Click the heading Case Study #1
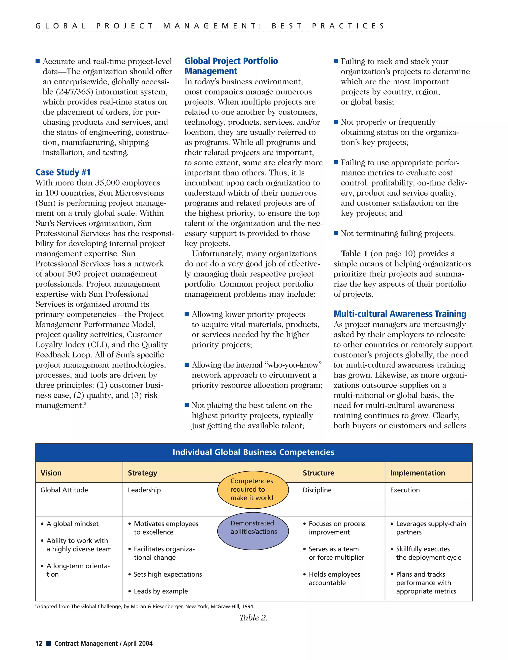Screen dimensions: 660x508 (63, 172)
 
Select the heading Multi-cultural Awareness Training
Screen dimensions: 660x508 (400, 314)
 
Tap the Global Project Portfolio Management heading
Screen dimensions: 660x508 (231, 66)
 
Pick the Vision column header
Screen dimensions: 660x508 (51, 473)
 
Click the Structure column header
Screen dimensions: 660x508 (318, 473)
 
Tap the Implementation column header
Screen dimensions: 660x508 (417, 473)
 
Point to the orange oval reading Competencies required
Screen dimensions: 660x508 (253, 489)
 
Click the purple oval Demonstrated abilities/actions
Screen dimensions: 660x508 (253, 531)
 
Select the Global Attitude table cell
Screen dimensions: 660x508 (64, 490)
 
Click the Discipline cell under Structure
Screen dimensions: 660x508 (317, 490)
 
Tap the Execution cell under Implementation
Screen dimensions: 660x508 (405, 490)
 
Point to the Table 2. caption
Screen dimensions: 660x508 (253, 618)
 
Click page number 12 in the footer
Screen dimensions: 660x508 (39, 643)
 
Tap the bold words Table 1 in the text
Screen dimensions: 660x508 (354, 253)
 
